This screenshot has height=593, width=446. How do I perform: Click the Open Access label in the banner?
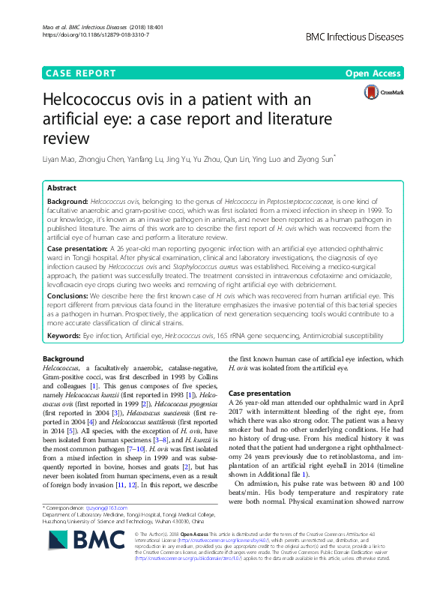pyautogui.click(x=374, y=73)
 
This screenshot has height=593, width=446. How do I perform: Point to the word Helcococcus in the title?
pyautogui.click(x=99, y=100)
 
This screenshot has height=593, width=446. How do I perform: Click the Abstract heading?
pyautogui.click(x=61, y=189)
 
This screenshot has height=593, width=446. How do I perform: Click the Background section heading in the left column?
pyautogui.click(x=63, y=359)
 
